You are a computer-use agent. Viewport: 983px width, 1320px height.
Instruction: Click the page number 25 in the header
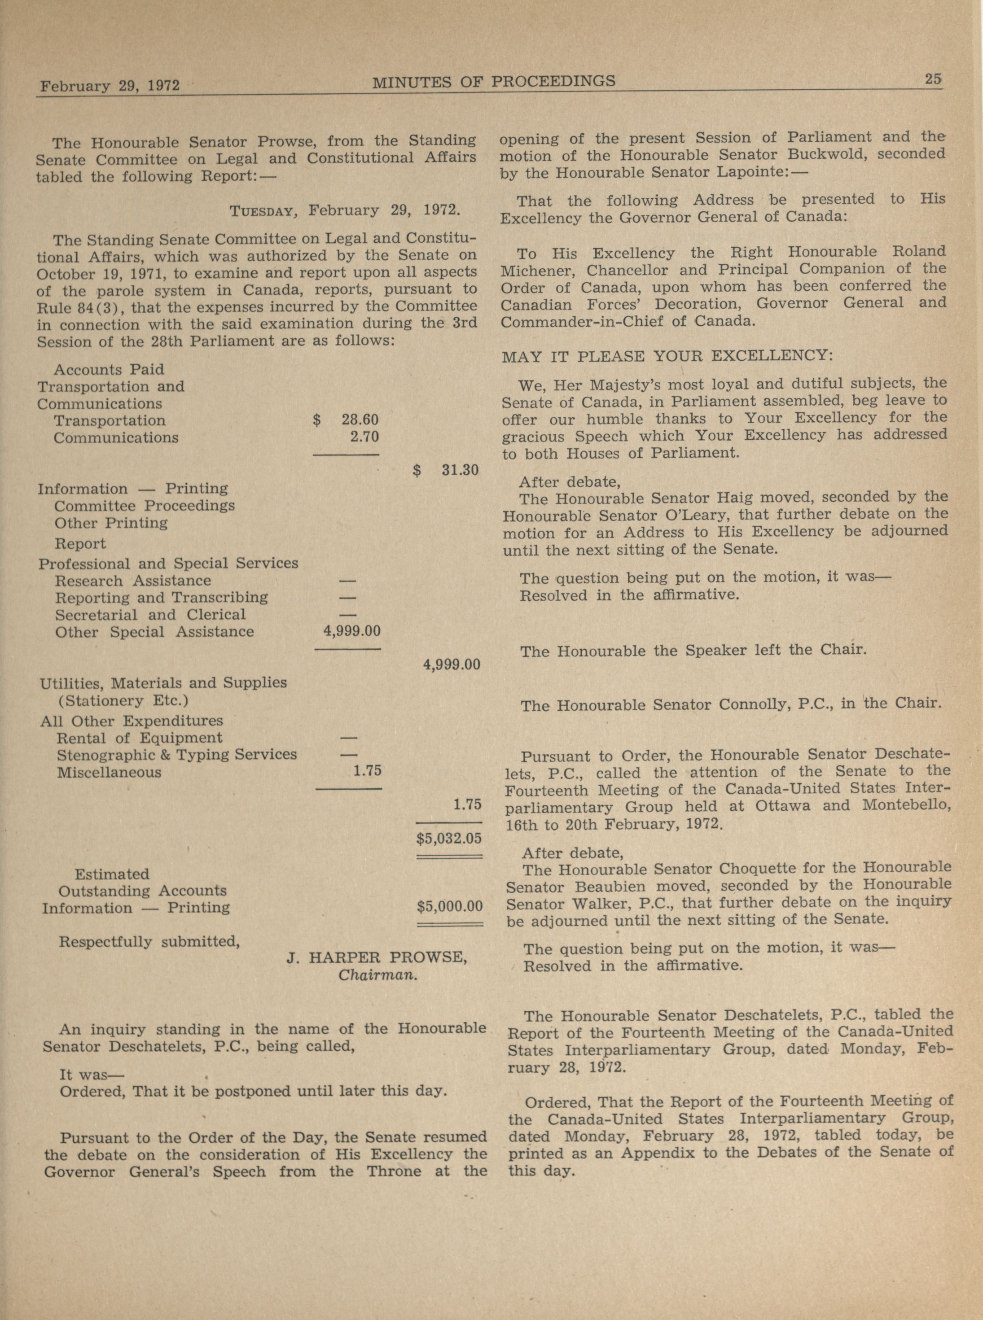coord(932,79)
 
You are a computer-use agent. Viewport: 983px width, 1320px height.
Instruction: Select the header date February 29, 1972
coord(110,85)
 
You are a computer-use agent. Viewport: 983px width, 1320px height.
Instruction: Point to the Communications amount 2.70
coord(364,437)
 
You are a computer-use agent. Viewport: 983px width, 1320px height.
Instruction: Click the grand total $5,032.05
coord(449,839)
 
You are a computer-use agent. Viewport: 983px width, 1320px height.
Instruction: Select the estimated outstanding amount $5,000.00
coord(449,907)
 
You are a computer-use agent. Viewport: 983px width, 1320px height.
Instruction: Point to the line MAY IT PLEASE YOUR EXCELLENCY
coord(667,356)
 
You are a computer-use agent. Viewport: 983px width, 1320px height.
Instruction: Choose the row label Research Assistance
coord(133,581)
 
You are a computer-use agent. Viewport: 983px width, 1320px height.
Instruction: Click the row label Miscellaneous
coord(109,772)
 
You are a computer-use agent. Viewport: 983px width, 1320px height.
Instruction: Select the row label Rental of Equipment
coord(139,738)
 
